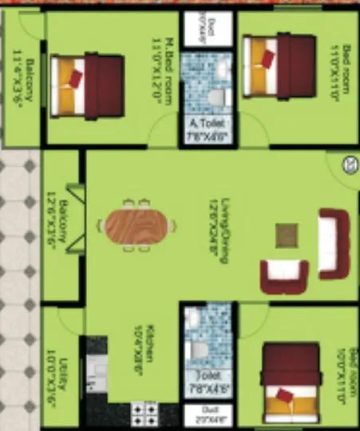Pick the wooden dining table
point(139,226)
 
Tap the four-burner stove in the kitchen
point(144,413)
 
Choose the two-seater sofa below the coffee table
point(283,275)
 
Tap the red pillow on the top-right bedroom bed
point(267,57)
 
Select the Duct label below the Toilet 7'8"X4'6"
point(207,414)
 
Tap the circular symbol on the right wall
point(349,165)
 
